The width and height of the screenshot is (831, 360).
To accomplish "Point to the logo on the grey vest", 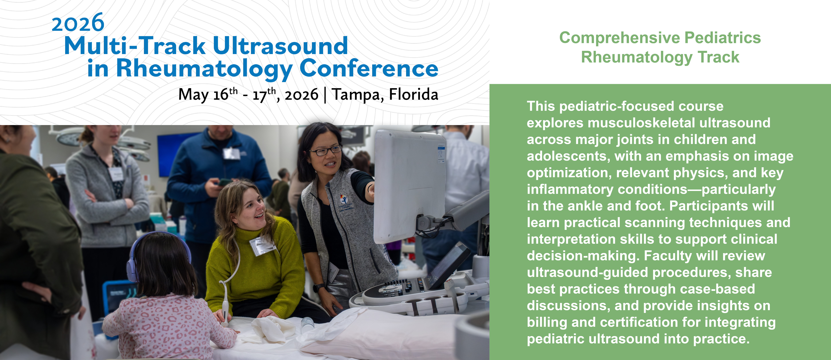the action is [344, 199].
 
